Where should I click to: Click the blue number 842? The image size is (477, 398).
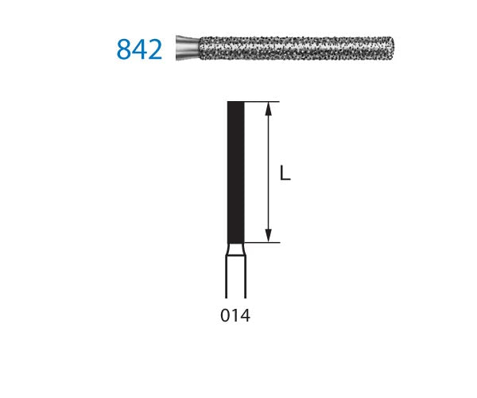tap(139, 49)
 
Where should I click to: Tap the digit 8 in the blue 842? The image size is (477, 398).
tap(124, 49)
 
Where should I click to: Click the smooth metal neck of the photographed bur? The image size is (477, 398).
tap(188, 48)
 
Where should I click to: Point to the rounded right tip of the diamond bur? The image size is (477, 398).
tap(392, 49)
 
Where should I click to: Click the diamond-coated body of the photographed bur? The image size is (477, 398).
tap(297, 49)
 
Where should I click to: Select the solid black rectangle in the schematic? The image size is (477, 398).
tap(236, 173)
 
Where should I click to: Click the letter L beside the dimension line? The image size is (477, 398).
tap(285, 173)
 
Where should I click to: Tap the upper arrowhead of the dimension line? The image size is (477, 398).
tap(268, 109)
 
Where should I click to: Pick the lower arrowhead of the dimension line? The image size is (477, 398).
tap(268, 236)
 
